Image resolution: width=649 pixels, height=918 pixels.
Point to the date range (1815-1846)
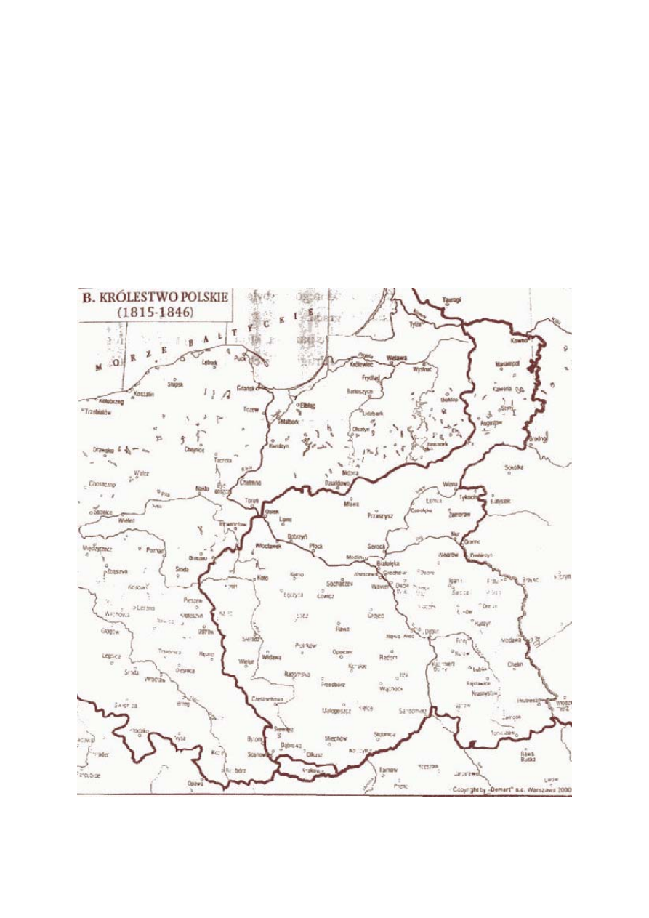[153, 312]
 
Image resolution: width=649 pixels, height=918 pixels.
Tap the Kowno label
[518, 339]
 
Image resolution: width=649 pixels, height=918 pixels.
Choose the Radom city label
[389, 657]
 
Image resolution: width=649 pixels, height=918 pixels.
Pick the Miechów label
[337, 738]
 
